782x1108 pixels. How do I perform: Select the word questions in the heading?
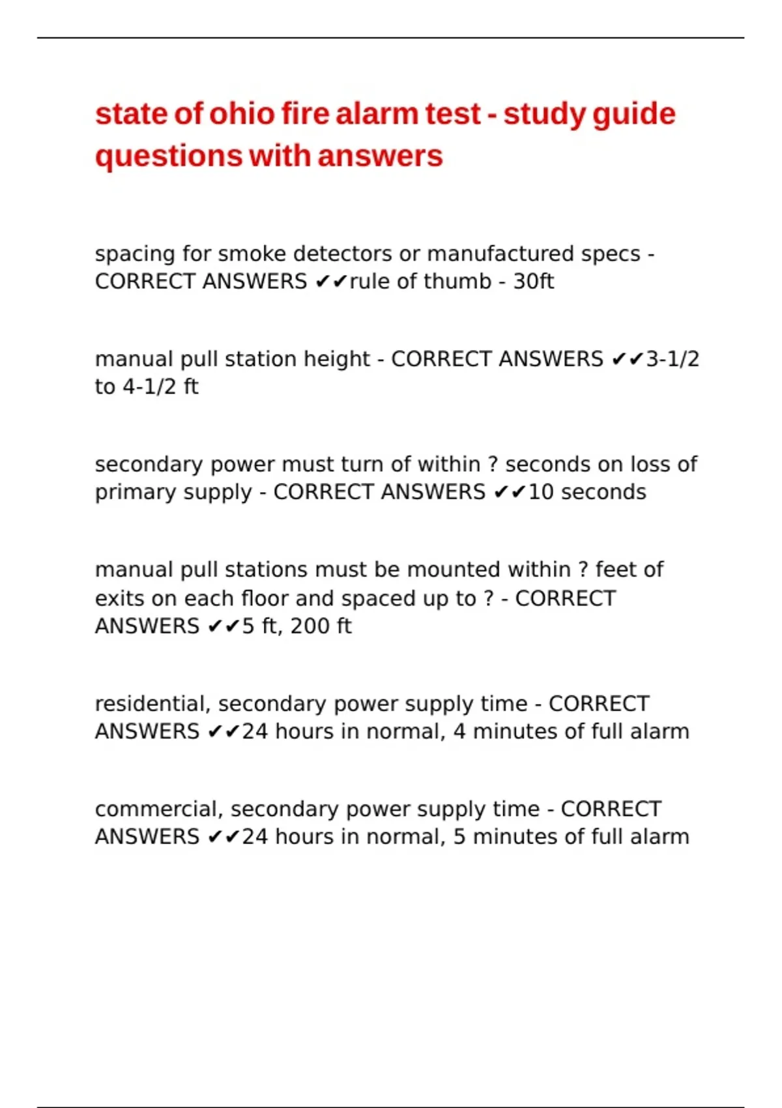pos(168,157)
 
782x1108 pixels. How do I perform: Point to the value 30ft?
pos(533,282)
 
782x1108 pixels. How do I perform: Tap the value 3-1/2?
pos(672,359)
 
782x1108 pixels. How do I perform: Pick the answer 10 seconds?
pos(586,492)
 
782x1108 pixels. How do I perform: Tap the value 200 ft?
pos(321,626)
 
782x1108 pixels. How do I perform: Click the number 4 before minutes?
pos(459,732)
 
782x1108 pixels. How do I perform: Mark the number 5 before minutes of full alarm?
pos(459,837)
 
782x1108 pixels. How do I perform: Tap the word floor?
pos(265,598)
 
